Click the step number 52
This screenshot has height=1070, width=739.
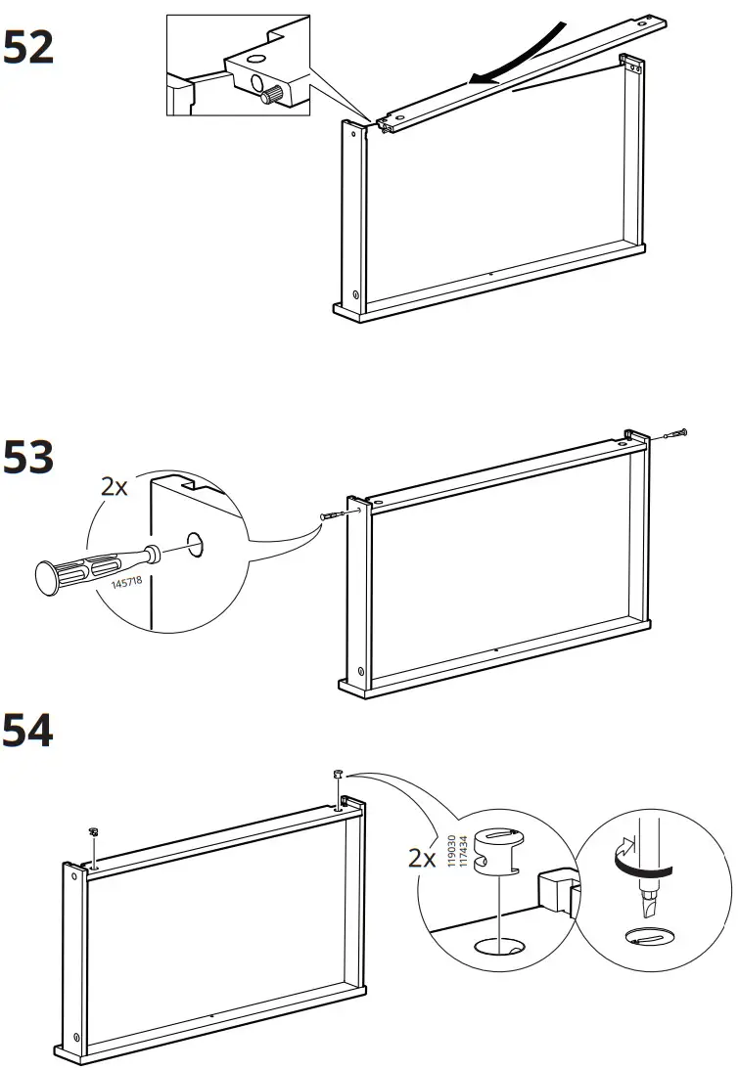coord(28,47)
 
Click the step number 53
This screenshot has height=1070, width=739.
coord(28,458)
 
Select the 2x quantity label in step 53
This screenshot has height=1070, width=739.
coord(115,486)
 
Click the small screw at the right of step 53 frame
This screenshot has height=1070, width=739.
coord(675,433)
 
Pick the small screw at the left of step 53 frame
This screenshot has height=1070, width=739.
coord(329,516)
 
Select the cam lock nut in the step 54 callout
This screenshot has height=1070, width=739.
coord(498,851)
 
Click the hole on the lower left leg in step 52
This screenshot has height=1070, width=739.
coord(355,296)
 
